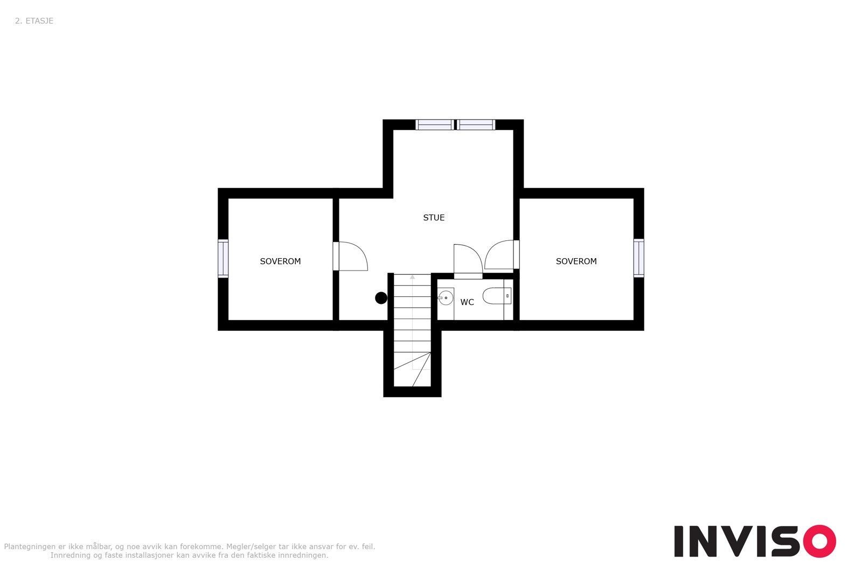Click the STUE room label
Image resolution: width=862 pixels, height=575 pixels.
[x=434, y=218]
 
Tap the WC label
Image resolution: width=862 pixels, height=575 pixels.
[x=467, y=302]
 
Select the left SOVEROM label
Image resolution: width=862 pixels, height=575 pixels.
[x=280, y=261]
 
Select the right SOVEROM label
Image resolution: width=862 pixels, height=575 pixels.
[x=576, y=261]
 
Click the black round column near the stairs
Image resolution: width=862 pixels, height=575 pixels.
[x=381, y=298]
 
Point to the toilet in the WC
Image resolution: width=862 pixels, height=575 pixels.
[x=496, y=296]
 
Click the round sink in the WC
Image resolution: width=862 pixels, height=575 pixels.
[x=446, y=297]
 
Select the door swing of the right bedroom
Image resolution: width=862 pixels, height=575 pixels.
[x=500, y=255]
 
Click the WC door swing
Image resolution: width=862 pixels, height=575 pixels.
[x=467, y=260]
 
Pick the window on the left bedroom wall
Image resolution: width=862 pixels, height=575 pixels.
[x=223, y=259]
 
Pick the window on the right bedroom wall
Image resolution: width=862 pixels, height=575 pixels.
[x=638, y=258]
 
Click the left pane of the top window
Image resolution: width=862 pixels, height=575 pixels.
[x=435, y=125]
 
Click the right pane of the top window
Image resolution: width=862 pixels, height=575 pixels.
[x=476, y=125]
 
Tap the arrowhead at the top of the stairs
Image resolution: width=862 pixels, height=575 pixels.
[x=413, y=277]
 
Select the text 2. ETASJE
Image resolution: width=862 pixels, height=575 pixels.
[x=34, y=21]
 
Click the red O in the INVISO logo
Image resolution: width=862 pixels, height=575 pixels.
[x=819, y=541]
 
